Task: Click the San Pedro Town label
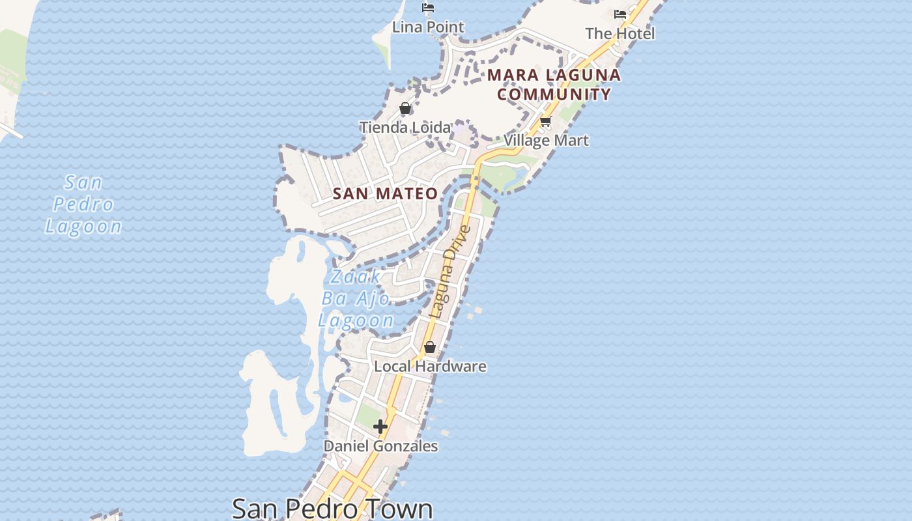click(332, 508)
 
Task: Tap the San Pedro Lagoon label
click(83, 204)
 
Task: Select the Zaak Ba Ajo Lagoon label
click(356, 298)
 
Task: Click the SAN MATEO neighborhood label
click(385, 193)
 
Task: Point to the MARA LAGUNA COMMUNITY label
click(554, 85)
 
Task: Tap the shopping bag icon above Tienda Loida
click(405, 108)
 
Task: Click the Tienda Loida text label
click(405, 128)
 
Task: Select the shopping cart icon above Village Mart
click(546, 121)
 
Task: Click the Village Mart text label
click(546, 140)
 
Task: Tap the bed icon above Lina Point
click(428, 8)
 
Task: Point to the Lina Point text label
click(428, 27)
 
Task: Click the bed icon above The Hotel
click(620, 14)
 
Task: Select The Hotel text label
click(620, 33)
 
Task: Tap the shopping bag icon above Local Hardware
click(430, 347)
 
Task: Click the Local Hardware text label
click(430, 366)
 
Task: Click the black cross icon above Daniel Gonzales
click(380, 427)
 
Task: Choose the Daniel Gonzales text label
click(380, 446)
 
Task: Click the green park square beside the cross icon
click(368, 415)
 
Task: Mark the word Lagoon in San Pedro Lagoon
click(83, 226)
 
